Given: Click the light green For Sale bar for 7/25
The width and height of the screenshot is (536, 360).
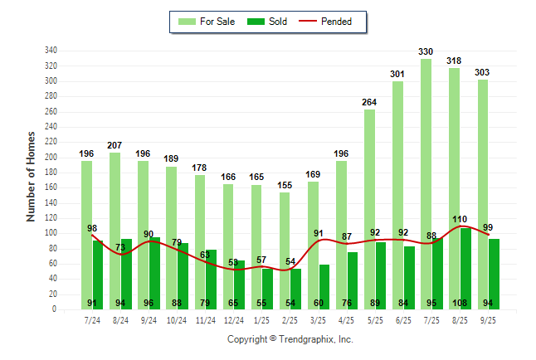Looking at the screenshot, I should [x=425, y=166].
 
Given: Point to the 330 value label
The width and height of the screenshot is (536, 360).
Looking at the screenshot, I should [x=426, y=51].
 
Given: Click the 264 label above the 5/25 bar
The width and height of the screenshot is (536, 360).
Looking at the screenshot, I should [x=369, y=102].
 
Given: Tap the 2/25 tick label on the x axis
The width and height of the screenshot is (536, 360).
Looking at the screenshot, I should [x=290, y=319].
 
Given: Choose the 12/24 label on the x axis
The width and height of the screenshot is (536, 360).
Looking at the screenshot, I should [x=233, y=319].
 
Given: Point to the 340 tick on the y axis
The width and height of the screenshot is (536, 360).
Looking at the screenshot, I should [x=51, y=51].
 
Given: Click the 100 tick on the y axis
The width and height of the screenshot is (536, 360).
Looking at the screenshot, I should [x=51, y=233].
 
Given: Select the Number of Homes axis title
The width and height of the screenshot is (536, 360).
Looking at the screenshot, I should [x=31, y=176].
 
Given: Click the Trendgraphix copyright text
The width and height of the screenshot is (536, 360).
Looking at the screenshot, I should [x=290, y=339].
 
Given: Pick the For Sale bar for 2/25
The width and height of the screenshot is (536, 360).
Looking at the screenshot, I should [x=285, y=249].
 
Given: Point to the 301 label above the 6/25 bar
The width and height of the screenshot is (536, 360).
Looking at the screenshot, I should [x=397, y=74].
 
